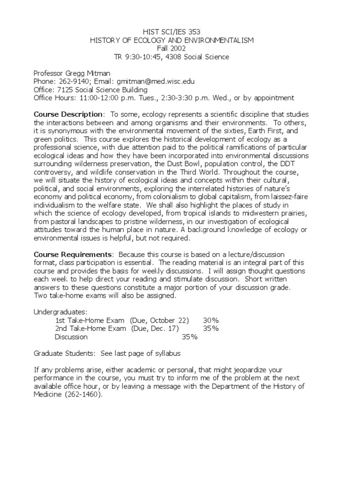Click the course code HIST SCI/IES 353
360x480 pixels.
click(x=172, y=32)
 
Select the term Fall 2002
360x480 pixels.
click(x=172, y=49)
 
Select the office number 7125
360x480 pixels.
click(x=64, y=90)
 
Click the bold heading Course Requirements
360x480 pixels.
click(x=72, y=255)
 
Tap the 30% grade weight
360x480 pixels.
click(x=211, y=320)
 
